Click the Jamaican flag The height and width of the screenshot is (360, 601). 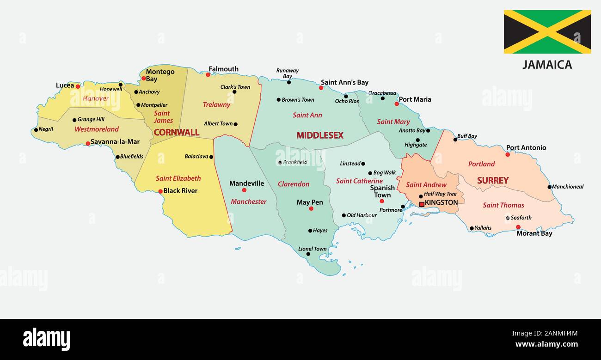coord(547,32)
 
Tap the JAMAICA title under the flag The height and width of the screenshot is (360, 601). coord(547,65)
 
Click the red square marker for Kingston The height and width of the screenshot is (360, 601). coord(422,204)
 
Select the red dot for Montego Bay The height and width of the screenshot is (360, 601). coord(144,78)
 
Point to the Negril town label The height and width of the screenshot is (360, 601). coord(46,129)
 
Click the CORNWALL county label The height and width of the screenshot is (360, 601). coord(176,133)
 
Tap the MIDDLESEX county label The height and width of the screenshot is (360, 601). coord(319,135)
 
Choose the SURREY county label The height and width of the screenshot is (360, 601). coord(492,181)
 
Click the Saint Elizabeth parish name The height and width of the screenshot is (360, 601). coord(178,178)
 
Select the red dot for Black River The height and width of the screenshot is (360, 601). coord(160,191)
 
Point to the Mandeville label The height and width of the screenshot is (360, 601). coord(246,183)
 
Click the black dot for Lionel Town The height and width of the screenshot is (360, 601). coord(308,254)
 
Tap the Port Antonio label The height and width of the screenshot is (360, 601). coord(526,148)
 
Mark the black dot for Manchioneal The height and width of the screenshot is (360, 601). coord(549,187)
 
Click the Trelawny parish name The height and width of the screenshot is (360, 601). coord(216,105)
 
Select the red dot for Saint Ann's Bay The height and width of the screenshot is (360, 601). coord(321,87)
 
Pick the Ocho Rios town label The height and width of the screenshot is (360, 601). coord(347,101)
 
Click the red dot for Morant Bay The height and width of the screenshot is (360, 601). coord(518,227)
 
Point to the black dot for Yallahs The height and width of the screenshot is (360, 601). coord(472,228)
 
